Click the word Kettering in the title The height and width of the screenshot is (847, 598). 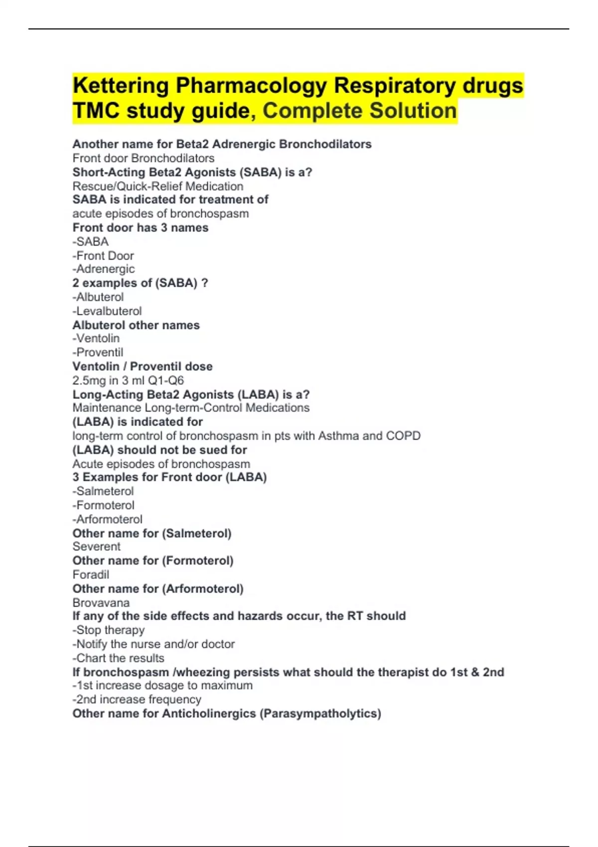121,86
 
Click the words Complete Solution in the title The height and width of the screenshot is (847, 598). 359,111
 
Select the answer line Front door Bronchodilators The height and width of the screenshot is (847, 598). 144,158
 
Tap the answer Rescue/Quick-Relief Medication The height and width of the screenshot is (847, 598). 158,186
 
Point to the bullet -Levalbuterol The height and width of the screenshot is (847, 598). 107,311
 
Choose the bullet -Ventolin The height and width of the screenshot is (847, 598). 96,338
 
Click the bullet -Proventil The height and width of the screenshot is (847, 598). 98,352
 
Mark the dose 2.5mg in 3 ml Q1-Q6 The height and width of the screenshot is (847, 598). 128,380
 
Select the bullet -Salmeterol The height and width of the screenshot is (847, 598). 103,491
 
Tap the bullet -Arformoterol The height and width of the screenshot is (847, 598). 108,519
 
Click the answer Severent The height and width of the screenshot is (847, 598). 96,547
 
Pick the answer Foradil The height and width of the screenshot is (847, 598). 91,574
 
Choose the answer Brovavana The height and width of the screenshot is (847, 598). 101,602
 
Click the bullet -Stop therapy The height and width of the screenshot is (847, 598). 109,630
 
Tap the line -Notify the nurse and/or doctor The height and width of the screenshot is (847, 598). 153,644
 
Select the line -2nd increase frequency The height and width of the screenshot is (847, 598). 137,700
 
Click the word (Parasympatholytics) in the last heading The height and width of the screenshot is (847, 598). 320,713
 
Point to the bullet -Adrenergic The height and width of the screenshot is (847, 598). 104,269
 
